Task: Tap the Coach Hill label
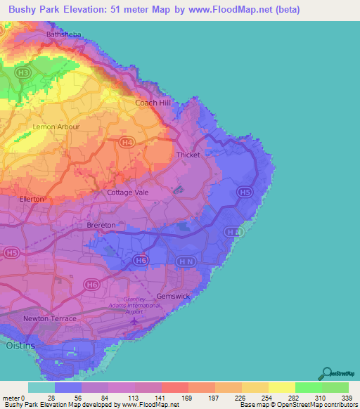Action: tap(153, 103)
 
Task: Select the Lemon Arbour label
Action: tap(56, 126)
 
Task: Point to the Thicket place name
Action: tap(189, 155)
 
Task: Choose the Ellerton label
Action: tap(32, 199)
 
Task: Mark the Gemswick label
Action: tap(173, 297)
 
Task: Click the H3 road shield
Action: tap(23, 72)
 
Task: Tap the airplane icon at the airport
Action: tap(135, 323)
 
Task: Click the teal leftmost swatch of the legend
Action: tap(41, 387)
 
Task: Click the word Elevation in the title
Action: tap(84, 10)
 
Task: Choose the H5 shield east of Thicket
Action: tap(244, 191)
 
